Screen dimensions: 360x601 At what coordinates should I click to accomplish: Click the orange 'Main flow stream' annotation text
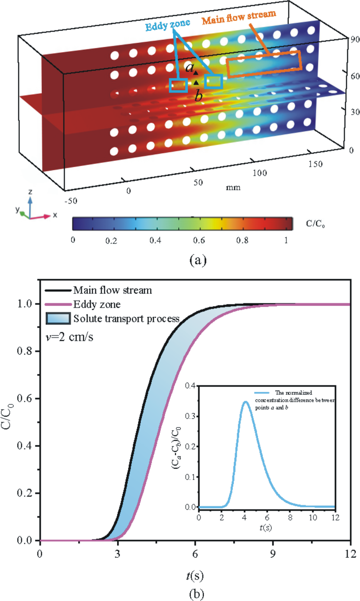click(x=239, y=17)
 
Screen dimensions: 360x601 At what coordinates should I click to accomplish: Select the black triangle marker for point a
click(x=196, y=73)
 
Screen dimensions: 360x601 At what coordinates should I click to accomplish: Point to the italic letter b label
click(x=199, y=95)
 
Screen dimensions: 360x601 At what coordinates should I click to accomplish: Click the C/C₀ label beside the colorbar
click(x=315, y=223)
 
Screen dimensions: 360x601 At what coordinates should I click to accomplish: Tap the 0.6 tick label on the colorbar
click(x=199, y=240)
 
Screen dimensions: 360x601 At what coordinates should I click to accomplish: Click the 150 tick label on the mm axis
click(x=315, y=164)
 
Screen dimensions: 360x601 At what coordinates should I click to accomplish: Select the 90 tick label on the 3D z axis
click(x=355, y=39)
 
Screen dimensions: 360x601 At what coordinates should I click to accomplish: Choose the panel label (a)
click(x=198, y=260)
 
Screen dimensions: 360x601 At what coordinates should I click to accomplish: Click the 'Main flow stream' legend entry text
click(x=113, y=290)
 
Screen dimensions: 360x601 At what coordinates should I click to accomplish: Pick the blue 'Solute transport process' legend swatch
click(x=58, y=318)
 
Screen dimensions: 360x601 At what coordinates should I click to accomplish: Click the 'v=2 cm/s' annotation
click(x=69, y=337)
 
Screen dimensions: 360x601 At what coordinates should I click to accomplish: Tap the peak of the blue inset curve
click(x=245, y=402)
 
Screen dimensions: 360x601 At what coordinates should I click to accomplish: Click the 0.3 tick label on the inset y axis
click(x=191, y=416)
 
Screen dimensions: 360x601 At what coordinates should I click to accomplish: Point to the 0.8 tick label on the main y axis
click(x=25, y=351)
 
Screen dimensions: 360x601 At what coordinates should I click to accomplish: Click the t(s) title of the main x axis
click(x=195, y=575)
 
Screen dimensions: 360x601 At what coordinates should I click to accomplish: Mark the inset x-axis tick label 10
click(x=313, y=518)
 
